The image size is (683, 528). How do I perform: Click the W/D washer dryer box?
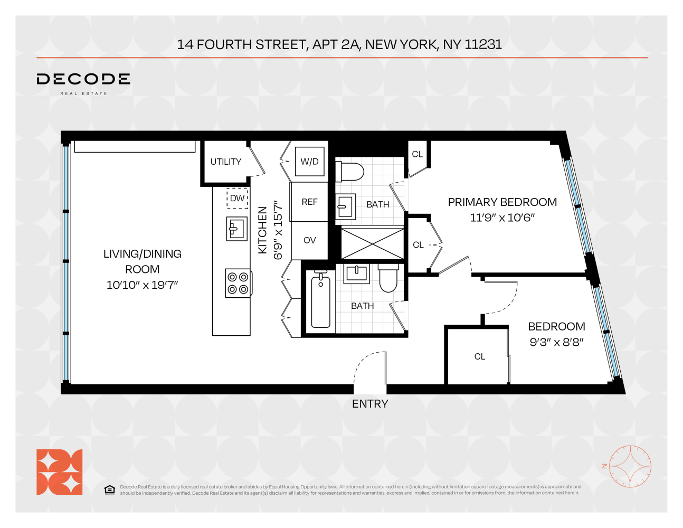point(310,161)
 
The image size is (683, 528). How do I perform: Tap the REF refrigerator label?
point(310,202)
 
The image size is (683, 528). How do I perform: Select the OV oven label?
point(310,240)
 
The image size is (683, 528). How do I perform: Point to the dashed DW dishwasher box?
point(238,199)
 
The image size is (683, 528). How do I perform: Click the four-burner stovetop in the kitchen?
point(239,283)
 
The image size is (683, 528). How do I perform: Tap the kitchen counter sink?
point(236,229)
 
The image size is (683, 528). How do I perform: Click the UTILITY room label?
point(226,162)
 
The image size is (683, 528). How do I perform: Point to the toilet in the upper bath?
point(349,172)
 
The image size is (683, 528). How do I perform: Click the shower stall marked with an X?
point(373,244)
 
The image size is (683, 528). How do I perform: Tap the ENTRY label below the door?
point(370,404)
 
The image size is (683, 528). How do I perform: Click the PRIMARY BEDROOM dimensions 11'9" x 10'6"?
point(502,218)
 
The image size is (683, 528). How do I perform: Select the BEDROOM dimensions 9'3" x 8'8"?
point(556,342)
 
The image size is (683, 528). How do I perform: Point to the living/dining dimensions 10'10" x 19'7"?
point(143,285)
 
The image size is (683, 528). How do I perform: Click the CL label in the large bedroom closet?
point(480,356)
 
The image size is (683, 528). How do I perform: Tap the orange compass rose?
point(630,466)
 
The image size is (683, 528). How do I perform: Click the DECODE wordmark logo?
point(83,79)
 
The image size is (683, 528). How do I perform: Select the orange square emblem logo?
point(60,472)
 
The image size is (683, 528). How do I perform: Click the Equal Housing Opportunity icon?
point(110,490)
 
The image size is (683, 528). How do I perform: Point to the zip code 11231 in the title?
point(483,44)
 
